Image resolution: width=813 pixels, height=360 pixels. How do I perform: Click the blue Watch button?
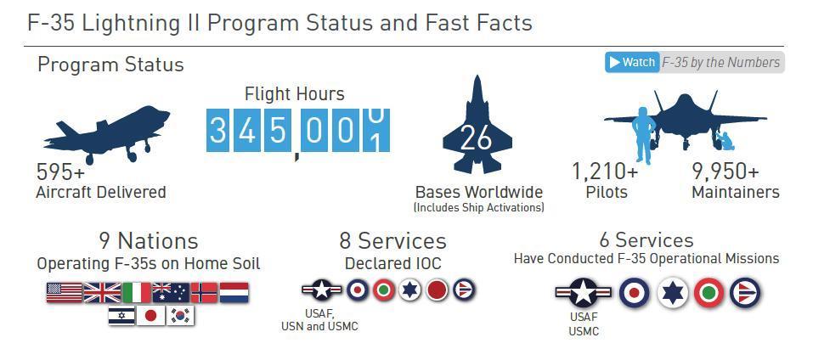(x=632, y=63)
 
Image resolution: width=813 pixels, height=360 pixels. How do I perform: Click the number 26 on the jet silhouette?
(x=476, y=138)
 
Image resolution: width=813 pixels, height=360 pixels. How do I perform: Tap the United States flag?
(x=65, y=293)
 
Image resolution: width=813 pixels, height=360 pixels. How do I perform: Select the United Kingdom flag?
(x=102, y=293)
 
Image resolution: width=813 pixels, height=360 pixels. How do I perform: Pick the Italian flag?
(x=137, y=293)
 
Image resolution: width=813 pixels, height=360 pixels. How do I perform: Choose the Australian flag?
(x=171, y=293)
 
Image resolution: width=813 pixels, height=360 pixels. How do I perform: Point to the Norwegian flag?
(x=204, y=293)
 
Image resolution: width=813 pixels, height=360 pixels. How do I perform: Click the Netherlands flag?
(x=234, y=293)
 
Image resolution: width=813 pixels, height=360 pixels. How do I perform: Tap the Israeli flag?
(x=121, y=316)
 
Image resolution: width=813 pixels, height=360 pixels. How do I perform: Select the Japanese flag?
(x=151, y=316)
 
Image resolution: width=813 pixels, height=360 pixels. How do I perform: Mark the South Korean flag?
(x=180, y=316)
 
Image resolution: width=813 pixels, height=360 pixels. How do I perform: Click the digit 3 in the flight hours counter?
(x=217, y=131)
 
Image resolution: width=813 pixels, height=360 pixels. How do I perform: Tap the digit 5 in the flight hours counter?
(x=278, y=131)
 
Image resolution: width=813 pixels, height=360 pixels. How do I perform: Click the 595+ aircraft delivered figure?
(x=60, y=171)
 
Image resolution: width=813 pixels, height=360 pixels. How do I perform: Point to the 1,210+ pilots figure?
(x=605, y=171)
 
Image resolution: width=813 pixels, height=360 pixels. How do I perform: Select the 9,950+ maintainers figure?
(x=725, y=171)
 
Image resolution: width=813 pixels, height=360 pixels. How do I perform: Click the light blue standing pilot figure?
(x=643, y=136)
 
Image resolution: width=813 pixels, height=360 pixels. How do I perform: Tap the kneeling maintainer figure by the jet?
(x=724, y=141)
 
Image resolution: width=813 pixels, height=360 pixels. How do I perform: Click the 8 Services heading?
(x=393, y=241)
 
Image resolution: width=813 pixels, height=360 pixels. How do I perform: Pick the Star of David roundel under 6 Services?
(x=673, y=293)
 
